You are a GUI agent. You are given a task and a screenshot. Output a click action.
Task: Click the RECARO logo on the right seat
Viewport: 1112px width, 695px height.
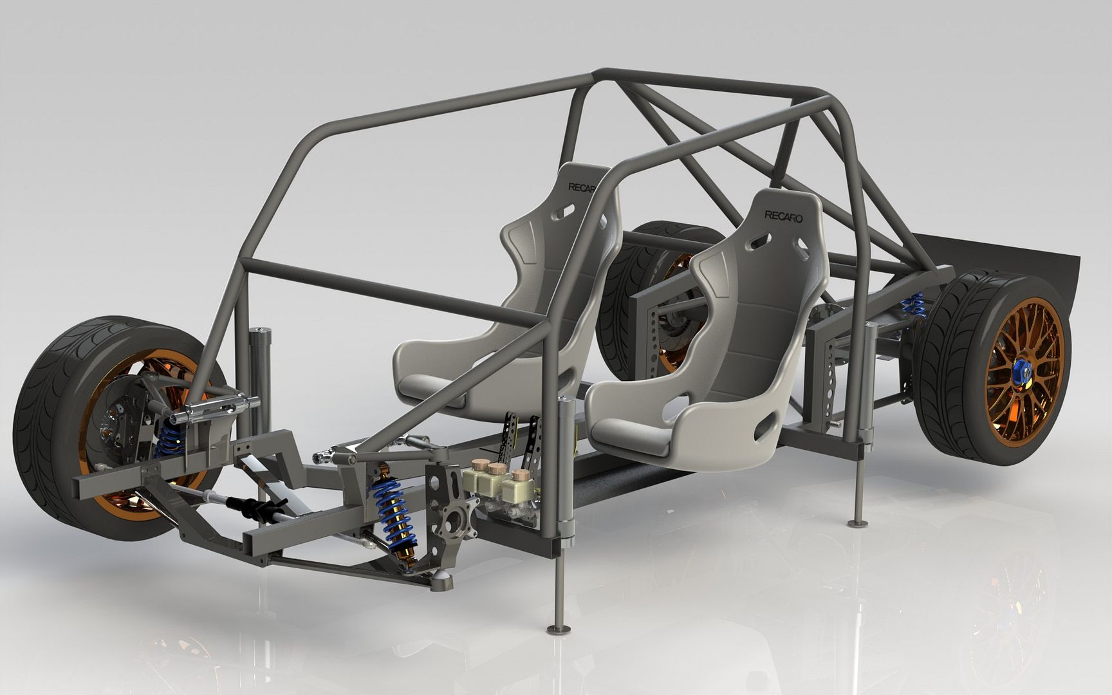pyautogui.click(x=783, y=217)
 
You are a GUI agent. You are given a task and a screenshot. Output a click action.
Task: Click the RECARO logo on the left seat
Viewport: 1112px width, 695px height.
pyautogui.click(x=582, y=188)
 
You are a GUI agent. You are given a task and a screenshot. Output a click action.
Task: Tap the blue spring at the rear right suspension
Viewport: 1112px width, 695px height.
pyautogui.click(x=913, y=305)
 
